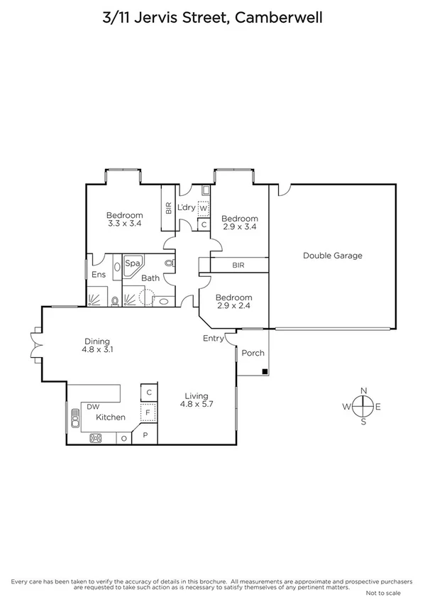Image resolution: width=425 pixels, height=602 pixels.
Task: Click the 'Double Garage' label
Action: coord(332,256)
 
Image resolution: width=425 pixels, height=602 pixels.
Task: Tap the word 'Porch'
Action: coord(253,353)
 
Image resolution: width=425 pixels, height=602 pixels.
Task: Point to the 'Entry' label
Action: coord(213,338)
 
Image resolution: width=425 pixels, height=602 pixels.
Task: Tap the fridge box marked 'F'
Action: coord(148,411)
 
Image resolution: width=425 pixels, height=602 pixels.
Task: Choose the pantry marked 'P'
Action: coord(145,434)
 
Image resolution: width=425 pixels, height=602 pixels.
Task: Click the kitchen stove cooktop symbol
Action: coord(96,438)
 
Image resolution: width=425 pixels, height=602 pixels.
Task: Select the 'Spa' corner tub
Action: coord(132,263)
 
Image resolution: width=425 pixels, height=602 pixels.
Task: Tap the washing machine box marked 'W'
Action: coord(203,208)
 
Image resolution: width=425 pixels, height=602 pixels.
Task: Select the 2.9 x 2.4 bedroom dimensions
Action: coord(233,307)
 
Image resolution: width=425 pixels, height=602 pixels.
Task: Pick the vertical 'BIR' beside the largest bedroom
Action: coord(168,208)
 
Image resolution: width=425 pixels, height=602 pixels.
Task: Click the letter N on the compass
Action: coord(363,390)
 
